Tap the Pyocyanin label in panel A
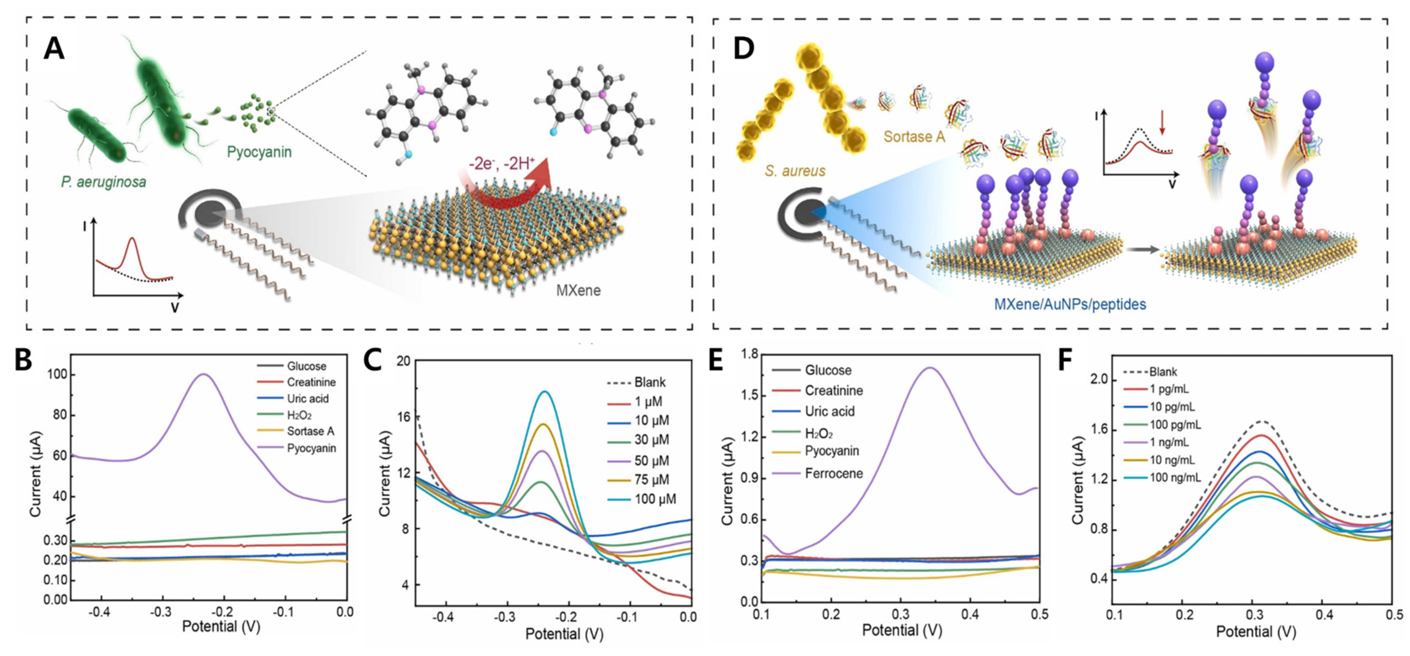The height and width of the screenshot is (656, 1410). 259,152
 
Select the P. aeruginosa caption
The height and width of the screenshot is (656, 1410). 103,181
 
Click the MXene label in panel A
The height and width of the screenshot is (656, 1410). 578,290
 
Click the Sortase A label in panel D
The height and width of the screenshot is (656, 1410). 914,136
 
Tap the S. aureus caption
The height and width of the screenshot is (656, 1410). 795,171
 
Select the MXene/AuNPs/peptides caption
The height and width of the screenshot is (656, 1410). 1069,304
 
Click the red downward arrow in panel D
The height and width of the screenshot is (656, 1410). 1162,124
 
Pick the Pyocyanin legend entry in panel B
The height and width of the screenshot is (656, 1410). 311,448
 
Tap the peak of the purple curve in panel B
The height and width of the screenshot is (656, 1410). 204,374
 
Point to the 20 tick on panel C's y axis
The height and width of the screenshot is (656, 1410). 403,361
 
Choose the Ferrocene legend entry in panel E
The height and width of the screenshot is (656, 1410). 833,473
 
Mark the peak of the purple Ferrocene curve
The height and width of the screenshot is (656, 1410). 929,368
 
